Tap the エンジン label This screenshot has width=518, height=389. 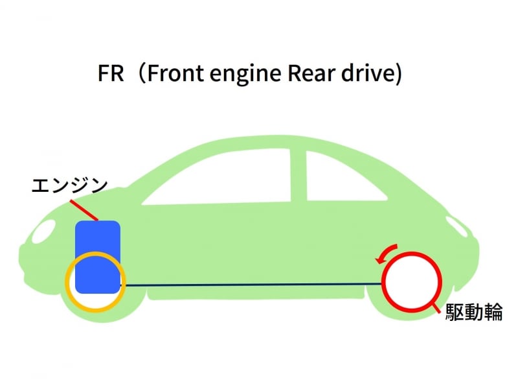69,185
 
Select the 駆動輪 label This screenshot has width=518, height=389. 474,312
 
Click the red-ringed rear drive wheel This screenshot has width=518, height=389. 412,283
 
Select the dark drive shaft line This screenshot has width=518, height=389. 253,284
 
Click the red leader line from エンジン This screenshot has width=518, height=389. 84,209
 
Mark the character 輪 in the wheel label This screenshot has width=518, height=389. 493,312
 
